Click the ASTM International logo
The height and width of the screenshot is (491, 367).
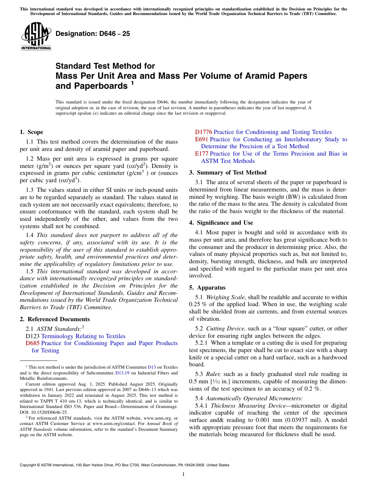click(36, 37)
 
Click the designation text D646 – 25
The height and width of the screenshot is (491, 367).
click(93, 34)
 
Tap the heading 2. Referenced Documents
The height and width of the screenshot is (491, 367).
click(54, 319)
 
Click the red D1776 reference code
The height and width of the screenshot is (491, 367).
click(203, 132)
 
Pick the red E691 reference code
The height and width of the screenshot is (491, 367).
click(202, 139)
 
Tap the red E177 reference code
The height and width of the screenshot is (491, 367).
click(202, 154)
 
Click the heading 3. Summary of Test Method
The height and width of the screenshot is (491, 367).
click(228, 173)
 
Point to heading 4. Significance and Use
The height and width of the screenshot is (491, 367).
click(221, 223)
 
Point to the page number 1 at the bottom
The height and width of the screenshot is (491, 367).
click(183, 474)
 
